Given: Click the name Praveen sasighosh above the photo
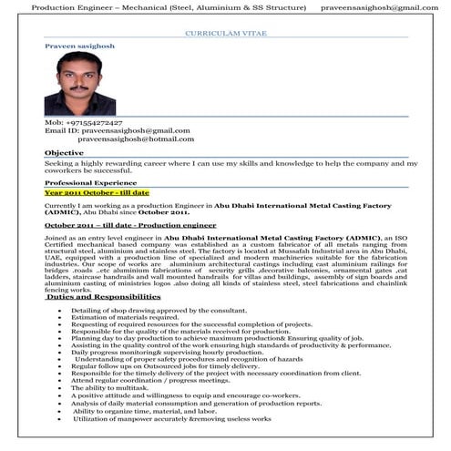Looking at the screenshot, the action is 77,44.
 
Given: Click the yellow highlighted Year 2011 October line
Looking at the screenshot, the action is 97,193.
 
